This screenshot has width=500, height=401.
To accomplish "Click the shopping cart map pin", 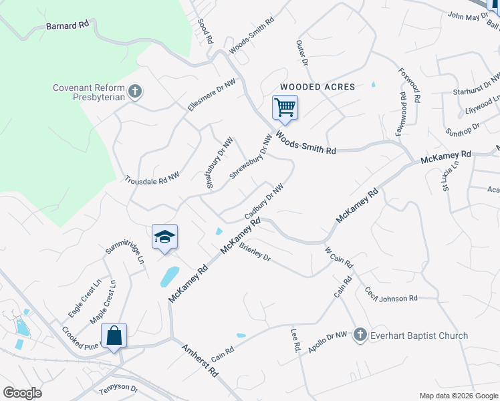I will (285, 108).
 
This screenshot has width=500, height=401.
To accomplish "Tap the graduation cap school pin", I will (164, 237).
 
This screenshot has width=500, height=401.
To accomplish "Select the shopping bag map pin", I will (114, 336).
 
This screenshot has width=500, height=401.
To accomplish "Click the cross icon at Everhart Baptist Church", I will (360, 335).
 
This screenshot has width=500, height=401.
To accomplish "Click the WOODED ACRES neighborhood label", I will (318, 87).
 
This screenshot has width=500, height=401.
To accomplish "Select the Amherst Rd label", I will (200, 361).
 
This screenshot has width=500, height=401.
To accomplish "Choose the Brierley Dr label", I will (254, 252).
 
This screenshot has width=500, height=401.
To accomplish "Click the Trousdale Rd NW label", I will (152, 178).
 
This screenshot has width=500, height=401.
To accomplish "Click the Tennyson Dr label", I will (118, 388).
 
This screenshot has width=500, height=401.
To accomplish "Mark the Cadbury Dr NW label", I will (264, 203).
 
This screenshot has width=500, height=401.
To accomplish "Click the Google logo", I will (22, 393).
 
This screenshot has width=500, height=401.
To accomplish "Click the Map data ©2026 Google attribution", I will (458, 396).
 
